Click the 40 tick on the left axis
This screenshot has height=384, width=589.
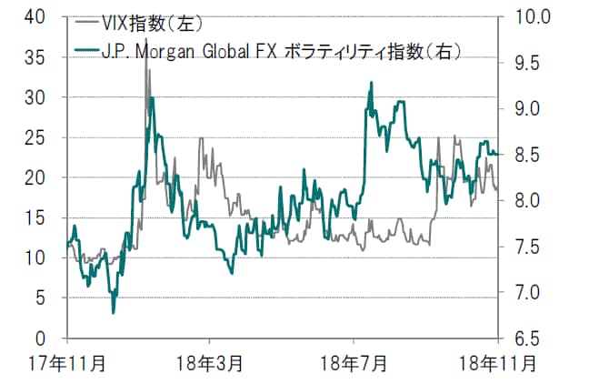[45, 16]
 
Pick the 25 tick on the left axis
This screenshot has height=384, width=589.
[45, 137]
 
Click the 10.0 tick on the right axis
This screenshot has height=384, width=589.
[526, 16]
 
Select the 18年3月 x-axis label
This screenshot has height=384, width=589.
[210, 362]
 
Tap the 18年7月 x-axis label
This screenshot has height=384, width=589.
[354, 362]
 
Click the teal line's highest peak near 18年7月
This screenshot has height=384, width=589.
[372, 83]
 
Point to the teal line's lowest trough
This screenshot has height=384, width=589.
[114, 313]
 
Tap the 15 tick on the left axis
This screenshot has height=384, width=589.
[45, 217]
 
